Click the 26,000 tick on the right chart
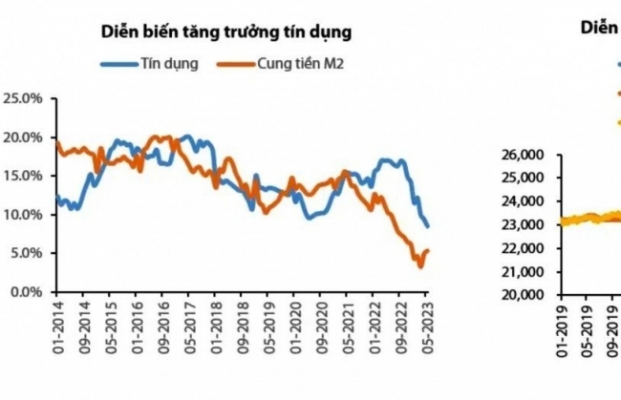coord(522,154)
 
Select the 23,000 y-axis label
coord(522,224)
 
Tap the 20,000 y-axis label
coord(522,295)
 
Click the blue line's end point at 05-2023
coord(427,226)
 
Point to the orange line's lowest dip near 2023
coord(420,265)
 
